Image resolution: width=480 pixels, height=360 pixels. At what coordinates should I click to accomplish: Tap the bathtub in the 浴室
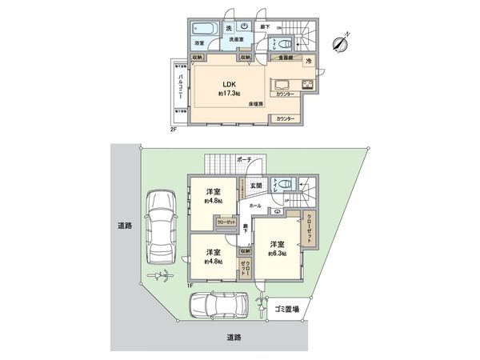click(200, 27)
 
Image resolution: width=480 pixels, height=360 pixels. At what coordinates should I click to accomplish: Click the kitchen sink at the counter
click(283, 86)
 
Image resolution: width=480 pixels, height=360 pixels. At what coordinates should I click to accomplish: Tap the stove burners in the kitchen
click(308, 86)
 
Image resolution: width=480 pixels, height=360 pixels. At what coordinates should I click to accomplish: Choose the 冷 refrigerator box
click(307, 61)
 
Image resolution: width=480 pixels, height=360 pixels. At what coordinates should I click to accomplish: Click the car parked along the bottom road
click(211, 306)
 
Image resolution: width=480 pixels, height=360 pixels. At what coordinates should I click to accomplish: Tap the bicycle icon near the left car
click(161, 277)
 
